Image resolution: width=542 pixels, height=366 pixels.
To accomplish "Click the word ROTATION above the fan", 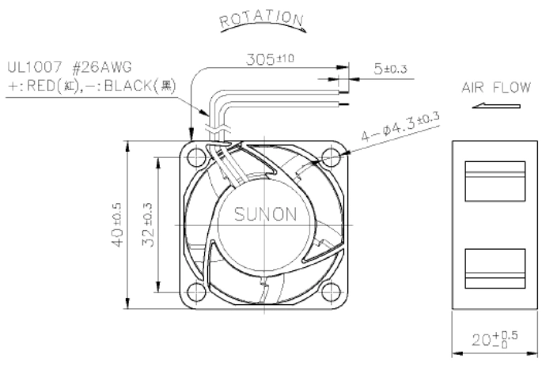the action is tap(262, 20).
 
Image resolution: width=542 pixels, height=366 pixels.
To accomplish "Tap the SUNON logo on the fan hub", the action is tap(266, 214).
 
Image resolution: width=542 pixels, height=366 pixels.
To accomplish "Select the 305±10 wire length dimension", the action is tap(270, 59).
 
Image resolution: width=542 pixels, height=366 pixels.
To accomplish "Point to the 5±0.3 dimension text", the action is tap(390, 69).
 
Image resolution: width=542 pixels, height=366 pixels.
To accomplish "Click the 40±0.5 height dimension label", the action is tap(118, 225).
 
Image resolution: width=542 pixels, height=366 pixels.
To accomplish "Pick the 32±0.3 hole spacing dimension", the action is tap(148, 225).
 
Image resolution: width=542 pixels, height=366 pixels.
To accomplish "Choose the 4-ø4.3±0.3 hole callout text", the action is tap(400, 126).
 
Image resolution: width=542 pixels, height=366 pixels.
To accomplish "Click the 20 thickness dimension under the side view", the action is tap(495, 339).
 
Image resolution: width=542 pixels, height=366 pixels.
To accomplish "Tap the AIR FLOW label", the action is tap(496, 88).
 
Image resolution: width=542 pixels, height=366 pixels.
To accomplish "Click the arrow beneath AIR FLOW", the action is tap(496, 106).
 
